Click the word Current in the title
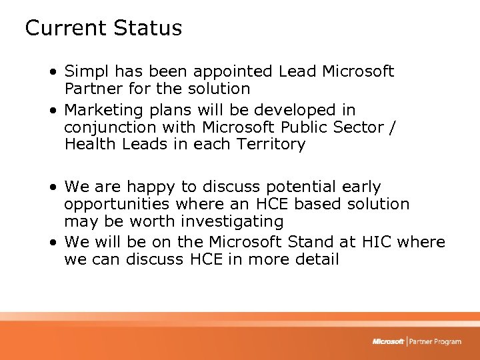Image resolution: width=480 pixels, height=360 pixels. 66,28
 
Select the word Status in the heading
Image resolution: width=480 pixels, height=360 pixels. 147,28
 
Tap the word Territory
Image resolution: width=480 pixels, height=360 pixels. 273,144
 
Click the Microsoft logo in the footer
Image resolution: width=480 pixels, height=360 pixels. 389,341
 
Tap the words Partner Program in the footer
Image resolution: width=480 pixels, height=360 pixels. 435,341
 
